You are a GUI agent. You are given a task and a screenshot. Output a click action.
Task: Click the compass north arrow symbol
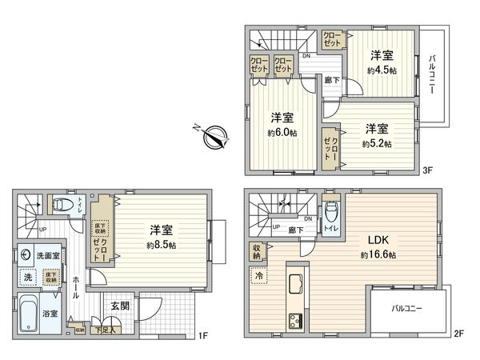[211, 137]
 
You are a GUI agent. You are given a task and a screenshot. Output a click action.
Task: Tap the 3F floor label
[428, 170]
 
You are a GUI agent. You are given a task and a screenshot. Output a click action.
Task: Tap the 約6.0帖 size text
[282, 133]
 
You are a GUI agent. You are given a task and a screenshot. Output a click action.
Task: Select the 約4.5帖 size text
[382, 70]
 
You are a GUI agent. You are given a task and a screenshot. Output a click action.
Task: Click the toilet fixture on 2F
[332, 211]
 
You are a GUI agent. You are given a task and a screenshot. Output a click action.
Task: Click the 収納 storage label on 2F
[256, 251]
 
